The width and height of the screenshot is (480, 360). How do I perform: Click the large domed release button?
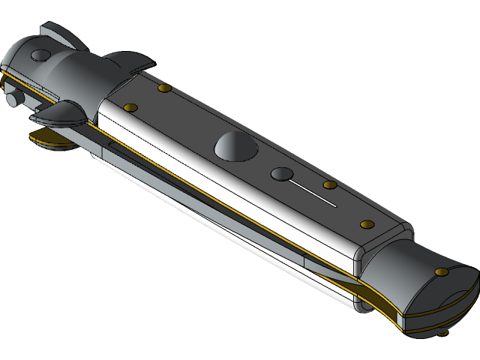(233, 147)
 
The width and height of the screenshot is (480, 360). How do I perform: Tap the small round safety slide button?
(280, 174)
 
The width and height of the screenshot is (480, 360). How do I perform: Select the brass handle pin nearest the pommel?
(367, 224)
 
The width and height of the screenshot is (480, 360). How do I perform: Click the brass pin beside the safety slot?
(328, 184)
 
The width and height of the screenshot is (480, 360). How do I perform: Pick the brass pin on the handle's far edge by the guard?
(164, 89)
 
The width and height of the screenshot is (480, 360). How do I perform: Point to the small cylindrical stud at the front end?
(13, 100)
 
